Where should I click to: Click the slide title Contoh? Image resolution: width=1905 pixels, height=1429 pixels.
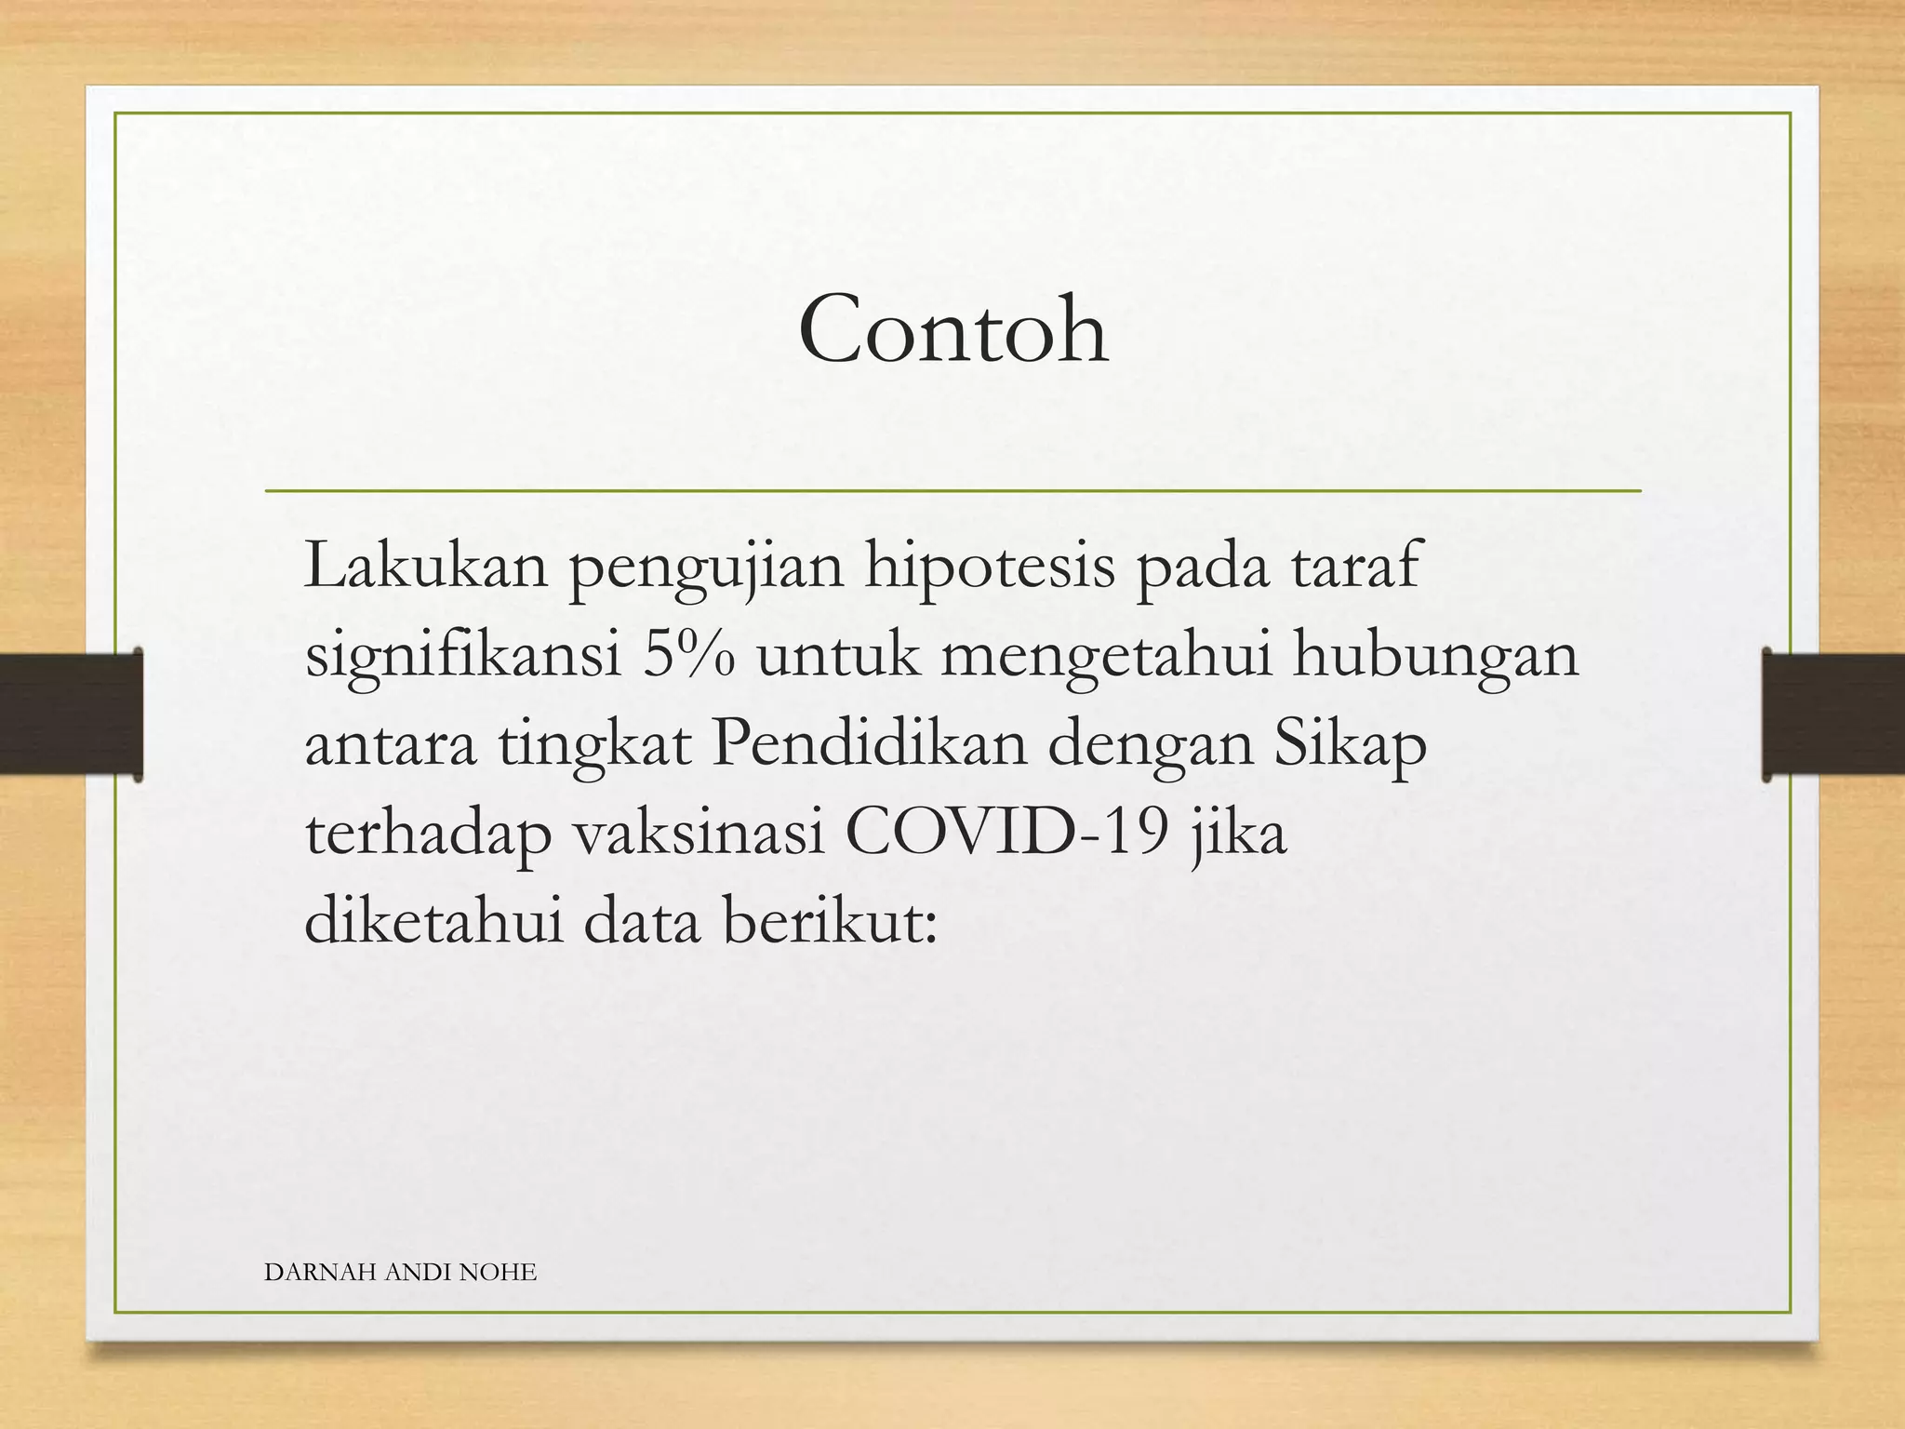(952, 329)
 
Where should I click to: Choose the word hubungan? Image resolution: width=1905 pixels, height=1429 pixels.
(1436, 657)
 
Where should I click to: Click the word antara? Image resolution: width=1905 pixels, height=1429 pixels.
(391, 744)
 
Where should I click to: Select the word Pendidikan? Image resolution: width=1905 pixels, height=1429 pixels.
(870, 743)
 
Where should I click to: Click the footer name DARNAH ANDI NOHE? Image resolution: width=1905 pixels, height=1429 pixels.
(400, 1272)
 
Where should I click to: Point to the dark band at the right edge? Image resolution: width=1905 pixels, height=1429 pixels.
(1832, 714)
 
